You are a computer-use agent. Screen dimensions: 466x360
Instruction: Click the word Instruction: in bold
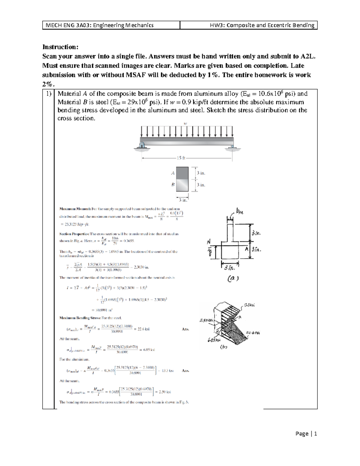pos(60,47)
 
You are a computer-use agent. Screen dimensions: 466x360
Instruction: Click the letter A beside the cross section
pos(173,173)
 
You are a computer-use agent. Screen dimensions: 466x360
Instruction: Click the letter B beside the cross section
pos(173,185)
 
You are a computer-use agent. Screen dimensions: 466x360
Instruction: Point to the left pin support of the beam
pos(142,146)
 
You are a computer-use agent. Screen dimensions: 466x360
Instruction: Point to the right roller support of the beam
pos(232,146)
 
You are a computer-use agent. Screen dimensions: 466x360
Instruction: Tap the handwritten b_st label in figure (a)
pos(240,212)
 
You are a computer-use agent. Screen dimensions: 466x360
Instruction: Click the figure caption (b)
pos(223,347)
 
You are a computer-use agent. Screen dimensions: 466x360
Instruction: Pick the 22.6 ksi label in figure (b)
pos(253,333)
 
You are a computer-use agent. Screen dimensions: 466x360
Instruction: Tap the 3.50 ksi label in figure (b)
pos(205,320)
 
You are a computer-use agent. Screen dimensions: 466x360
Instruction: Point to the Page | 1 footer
pos(306,434)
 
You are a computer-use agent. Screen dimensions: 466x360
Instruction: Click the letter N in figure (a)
pos(209,242)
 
